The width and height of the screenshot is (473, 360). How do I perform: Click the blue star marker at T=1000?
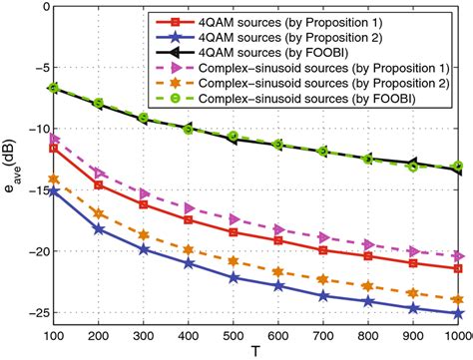(x=458, y=313)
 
